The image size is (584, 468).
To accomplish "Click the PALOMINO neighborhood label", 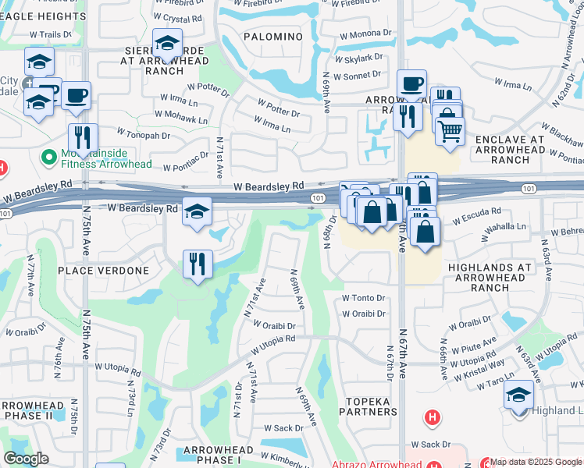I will pos(272,37).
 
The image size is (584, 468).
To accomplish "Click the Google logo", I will pos(26,459).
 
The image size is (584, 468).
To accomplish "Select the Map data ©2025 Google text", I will pos(536,462).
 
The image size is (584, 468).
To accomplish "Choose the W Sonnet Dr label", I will pos(357,75).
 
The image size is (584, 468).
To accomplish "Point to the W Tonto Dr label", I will pos(365,298).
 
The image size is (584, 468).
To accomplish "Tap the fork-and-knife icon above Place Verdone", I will pos(198,264).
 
